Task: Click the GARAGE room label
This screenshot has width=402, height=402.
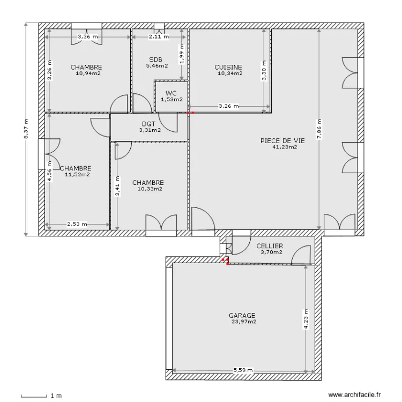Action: pos(242,316)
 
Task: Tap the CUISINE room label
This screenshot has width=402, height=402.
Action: pos(228,68)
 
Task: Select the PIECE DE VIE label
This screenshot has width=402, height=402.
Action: pos(282,140)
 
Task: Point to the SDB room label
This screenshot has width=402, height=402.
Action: pos(155,59)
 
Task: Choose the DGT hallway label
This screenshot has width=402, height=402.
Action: pos(149,123)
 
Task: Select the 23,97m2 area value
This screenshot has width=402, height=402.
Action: pos(243,322)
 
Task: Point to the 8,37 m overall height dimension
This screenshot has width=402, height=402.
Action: pos(26,129)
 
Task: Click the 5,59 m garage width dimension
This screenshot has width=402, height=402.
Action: pos(243,370)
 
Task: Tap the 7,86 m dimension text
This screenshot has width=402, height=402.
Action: pos(319,128)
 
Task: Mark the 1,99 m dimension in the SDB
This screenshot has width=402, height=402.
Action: pos(182,54)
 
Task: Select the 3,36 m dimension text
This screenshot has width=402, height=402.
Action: pos(88,37)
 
